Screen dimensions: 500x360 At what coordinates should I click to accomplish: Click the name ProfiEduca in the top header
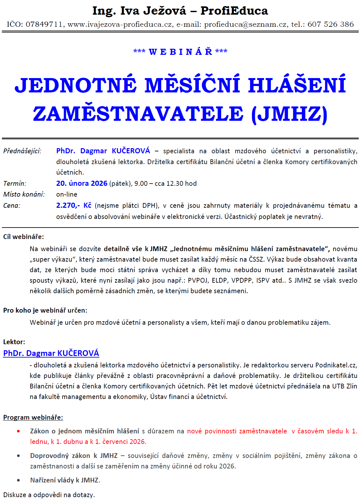tap(234, 11)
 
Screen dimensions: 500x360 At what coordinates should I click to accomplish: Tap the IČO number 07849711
tap(44, 25)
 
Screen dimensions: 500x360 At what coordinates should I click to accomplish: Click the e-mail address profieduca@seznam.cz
tap(245, 25)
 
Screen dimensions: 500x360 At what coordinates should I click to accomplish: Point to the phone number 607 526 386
tap(330, 25)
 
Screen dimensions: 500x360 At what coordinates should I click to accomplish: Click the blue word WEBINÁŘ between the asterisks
tap(180, 52)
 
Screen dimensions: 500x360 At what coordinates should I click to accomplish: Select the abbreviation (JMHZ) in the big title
tap(289, 114)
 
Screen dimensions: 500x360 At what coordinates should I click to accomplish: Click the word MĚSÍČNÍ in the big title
tap(192, 85)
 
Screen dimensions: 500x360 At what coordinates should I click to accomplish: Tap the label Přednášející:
tap(22, 151)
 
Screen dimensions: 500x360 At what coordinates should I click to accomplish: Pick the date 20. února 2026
tap(82, 184)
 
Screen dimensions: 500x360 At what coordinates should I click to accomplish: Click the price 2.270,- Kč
tap(74, 206)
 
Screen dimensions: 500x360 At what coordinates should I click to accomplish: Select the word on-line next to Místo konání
tap(67, 194)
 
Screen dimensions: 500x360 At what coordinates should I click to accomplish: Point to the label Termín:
tap(15, 184)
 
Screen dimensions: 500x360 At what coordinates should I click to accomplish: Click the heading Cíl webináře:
tap(24, 237)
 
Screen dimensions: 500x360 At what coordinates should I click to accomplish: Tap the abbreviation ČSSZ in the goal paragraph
tap(256, 259)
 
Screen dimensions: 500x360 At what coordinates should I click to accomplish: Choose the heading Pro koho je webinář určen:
tap(45, 310)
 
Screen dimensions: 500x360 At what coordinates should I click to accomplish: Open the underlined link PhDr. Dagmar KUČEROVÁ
tap(51, 353)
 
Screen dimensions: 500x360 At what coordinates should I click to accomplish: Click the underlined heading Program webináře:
tap(33, 417)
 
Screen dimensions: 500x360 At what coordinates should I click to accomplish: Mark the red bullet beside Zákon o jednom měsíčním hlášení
tap(18, 431)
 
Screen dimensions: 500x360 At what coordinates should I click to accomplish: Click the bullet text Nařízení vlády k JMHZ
tap(65, 480)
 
